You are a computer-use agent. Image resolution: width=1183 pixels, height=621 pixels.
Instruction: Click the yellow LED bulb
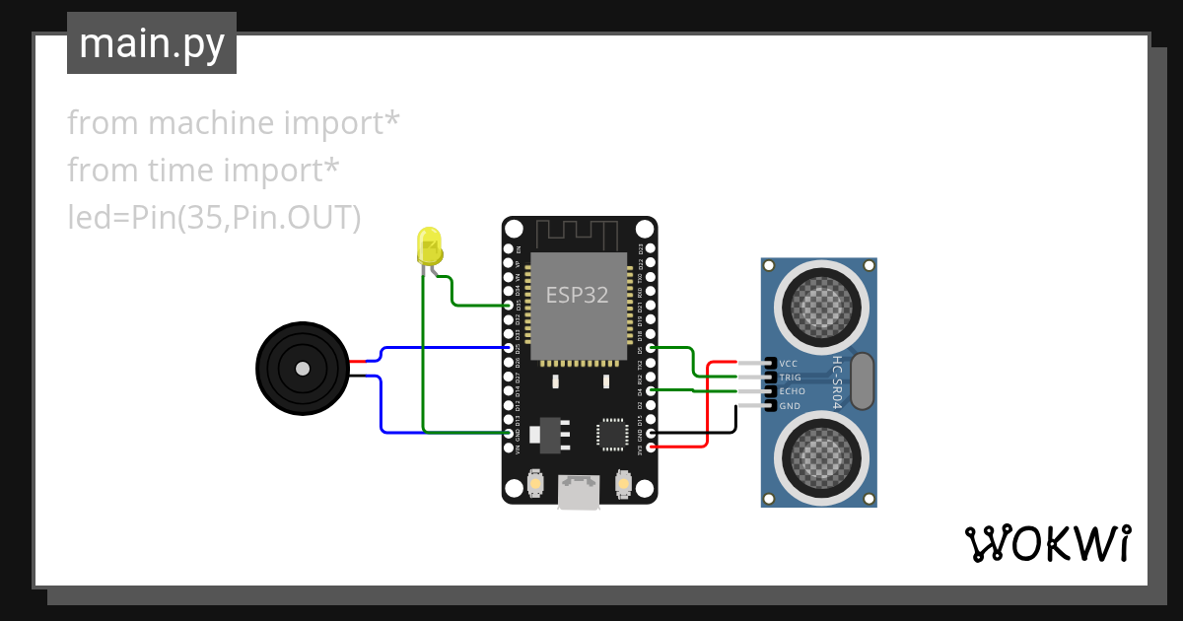pyautogui.click(x=430, y=244)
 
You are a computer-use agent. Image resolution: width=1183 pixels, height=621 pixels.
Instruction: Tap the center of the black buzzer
pyautogui.click(x=303, y=369)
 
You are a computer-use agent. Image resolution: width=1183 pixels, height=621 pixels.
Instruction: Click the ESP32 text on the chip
pyautogui.click(x=578, y=294)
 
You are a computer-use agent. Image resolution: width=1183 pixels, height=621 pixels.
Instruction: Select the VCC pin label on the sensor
pyautogui.click(x=789, y=364)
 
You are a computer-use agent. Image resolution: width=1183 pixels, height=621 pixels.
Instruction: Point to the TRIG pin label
pyautogui.click(x=791, y=378)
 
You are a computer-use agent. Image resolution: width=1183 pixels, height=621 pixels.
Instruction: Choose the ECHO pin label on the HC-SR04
pyautogui.click(x=792, y=391)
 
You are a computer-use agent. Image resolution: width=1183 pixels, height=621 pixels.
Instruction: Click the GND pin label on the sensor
pyautogui.click(x=790, y=405)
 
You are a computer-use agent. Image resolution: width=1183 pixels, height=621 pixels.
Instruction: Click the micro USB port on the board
pyautogui.click(x=579, y=492)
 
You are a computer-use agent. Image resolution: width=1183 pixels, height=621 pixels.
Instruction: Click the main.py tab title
pyautogui.click(x=152, y=43)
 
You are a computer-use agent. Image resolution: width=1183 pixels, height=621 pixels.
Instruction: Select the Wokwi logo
pyautogui.click(x=1046, y=543)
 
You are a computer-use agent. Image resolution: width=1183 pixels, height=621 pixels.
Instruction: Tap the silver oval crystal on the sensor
pyautogui.click(x=861, y=380)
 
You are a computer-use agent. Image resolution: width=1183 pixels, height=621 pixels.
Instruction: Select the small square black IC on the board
pyautogui.click(x=611, y=433)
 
